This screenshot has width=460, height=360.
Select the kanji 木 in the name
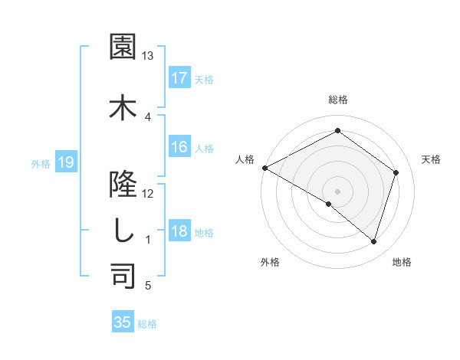coord(123,106)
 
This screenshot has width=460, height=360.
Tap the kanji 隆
coord(123,182)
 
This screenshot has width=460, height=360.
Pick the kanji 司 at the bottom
coord(123,277)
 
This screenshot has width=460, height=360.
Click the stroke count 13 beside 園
coord(148,56)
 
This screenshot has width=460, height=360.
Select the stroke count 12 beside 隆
coord(148,193)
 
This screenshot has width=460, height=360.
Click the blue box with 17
coord(179,78)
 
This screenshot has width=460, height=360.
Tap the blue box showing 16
coord(179,148)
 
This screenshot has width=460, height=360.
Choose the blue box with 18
coord(179,232)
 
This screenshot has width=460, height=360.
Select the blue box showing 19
coord(65,162)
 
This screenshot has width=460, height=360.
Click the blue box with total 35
coord(122,322)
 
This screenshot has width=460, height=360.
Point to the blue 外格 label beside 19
coord(41,163)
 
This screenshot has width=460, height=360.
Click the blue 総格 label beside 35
coord(147,323)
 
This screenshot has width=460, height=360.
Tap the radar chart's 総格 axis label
coord(338,100)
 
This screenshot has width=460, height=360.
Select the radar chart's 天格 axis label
coord(431,159)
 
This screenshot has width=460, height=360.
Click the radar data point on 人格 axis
coord(264,168)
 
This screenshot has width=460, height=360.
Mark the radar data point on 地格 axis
coord(374,241)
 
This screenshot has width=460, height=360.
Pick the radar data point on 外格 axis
coord(329,204)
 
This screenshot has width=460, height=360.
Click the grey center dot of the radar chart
coord(337,191)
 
